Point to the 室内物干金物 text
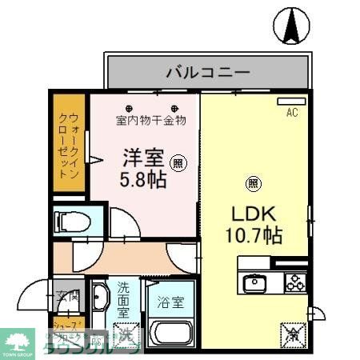[151, 121]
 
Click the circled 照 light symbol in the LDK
[253, 183]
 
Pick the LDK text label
[255, 214]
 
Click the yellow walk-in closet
[69, 144]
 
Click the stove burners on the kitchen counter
[294, 282]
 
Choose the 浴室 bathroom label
[170, 304]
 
